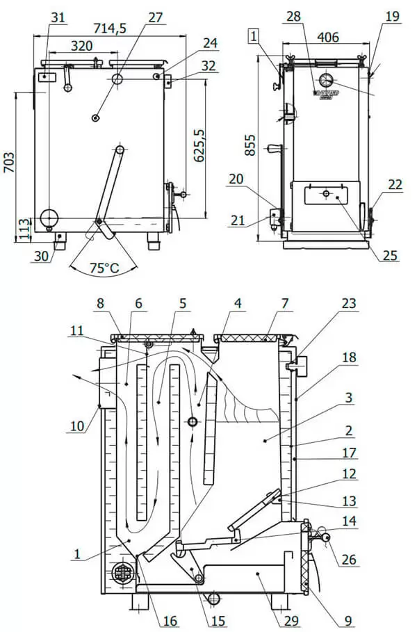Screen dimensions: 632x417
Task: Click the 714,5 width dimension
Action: click(x=106, y=27)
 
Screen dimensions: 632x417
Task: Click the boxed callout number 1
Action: click(x=254, y=35)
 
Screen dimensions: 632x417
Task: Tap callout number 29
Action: click(x=287, y=617)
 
